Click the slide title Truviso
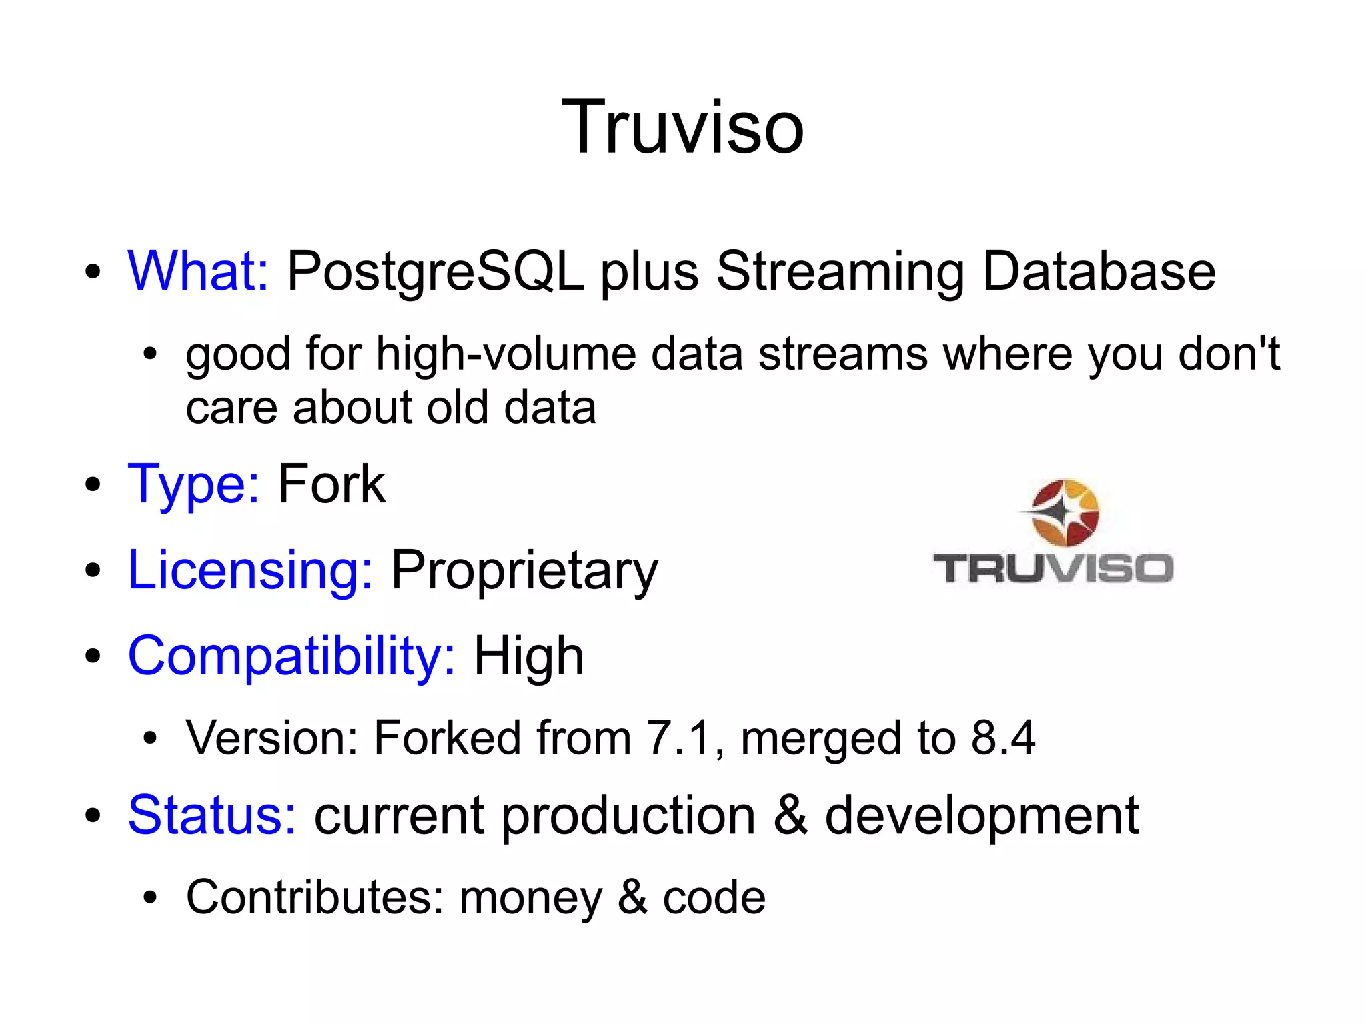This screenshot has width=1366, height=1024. click(x=682, y=127)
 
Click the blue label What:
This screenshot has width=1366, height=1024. click(x=198, y=272)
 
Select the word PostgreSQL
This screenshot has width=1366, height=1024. click(x=435, y=273)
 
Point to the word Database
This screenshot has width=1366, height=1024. click(x=1099, y=272)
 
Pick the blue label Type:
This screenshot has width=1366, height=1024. click(x=193, y=485)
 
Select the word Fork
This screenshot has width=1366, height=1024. click(x=331, y=485)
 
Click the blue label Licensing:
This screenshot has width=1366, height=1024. click(x=250, y=571)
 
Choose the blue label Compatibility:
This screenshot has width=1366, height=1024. click(x=291, y=656)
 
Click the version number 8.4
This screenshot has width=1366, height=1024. click(x=1002, y=738)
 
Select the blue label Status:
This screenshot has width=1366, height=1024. click(x=212, y=815)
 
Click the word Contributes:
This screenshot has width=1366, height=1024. click(x=315, y=897)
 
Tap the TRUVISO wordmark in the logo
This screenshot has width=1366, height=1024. click(x=1053, y=569)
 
